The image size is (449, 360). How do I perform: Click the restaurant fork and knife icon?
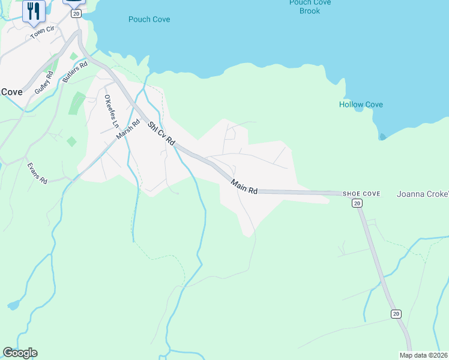click(x=34, y=10)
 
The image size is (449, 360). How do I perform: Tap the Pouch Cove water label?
click(x=149, y=19)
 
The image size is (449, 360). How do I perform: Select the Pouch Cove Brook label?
click(x=309, y=7)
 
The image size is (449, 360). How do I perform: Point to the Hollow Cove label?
click(x=361, y=104)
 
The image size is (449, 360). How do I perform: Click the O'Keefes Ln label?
click(x=110, y=111)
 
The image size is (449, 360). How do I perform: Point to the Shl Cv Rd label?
click(x=161, y=133)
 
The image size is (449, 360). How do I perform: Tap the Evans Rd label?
click(x=37, y=172)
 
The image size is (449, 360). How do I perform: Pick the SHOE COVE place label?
click(x=361, y=194)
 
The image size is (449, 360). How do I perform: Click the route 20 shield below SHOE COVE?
click(x=357, y=203)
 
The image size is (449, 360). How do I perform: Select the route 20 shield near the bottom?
click(x=396, y=314)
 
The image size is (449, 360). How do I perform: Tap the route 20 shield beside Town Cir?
click(x=76, y=13)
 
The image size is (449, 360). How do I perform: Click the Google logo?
click(x=20, y=353)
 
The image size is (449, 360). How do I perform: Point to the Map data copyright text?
click(x=424, y=355)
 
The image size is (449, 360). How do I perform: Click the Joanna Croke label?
click(x=423, y=194)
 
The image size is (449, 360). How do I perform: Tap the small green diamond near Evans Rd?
click(x=71, y=142)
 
